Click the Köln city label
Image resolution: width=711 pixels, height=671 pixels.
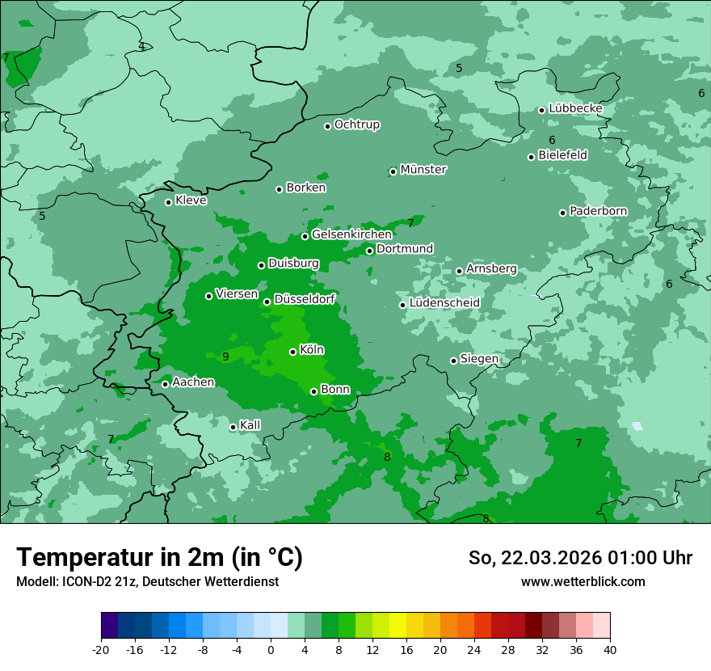[x=312, y=350]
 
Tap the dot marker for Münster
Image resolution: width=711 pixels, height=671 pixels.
[x=393, y=171]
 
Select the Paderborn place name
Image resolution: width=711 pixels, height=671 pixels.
[x=599, y=211]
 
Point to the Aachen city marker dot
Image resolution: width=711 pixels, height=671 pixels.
[x=166, y=384]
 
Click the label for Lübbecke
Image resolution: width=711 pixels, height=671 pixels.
[x=575, y=108]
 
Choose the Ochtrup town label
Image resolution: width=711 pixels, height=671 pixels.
[x=357, y=124]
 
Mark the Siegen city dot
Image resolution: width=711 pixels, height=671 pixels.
[x=454, y=361]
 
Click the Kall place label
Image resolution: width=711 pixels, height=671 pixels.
[x=250, y=425]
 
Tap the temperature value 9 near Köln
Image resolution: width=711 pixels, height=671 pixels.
[x=225, y=357]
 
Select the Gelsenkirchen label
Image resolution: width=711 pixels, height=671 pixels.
[x=351, y=234]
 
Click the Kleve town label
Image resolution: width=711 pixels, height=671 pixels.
[x=191, y=200]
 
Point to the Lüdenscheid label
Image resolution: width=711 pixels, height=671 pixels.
[x=444, y=303]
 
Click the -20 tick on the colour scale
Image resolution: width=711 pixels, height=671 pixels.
[x=101, y=650]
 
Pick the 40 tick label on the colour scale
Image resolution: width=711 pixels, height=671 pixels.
[x=610, y=650]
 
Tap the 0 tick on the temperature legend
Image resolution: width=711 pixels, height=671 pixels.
[x=271, y=650]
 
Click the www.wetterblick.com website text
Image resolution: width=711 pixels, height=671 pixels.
[x=583, y=581]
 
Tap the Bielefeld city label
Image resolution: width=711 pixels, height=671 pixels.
[x=562, y=154]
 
